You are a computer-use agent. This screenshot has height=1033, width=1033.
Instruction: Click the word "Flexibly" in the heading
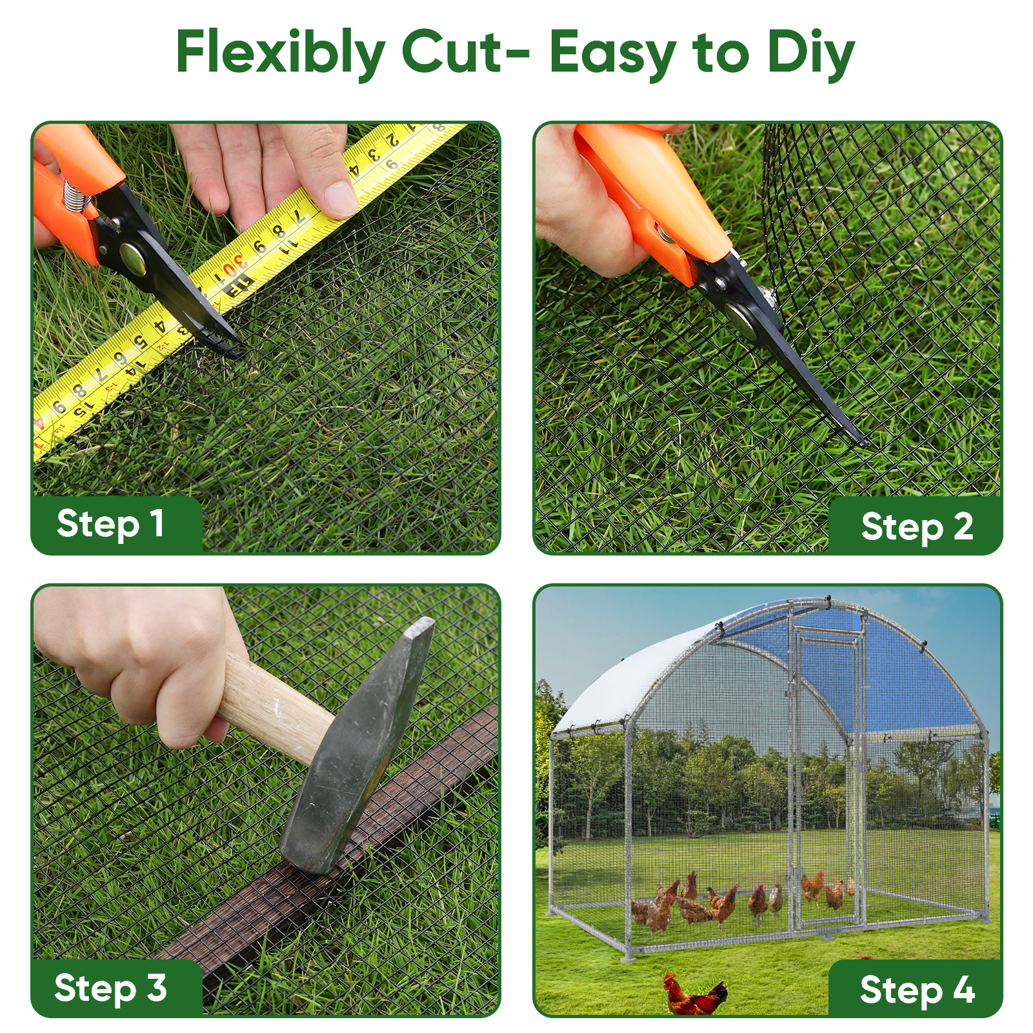[281, 54]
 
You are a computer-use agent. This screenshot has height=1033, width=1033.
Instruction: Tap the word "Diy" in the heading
[811, 54]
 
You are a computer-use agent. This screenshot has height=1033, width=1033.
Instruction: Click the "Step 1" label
[110, 524]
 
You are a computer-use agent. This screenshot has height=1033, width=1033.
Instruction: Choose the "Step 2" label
[917, 527]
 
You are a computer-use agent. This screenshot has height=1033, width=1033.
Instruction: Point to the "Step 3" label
[110, 988]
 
